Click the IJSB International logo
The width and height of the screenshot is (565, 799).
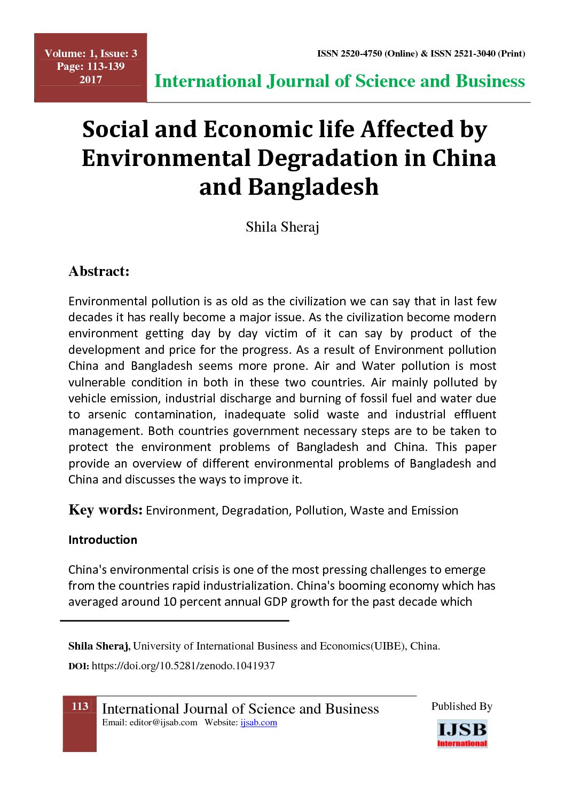(462, 733)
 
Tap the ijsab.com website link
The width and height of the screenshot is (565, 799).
(258, 723)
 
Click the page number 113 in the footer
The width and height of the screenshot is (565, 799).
(80, 706)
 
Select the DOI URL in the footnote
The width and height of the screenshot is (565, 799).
(183, 666)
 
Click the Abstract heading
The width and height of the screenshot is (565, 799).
(99, 271)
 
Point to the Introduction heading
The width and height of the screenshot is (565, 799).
(103, 540)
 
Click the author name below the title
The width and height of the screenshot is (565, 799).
(282, 227)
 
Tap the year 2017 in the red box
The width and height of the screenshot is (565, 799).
(91, 80)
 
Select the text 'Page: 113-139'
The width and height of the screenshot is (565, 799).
(91, 66)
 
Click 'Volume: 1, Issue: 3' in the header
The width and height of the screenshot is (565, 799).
(91, 53)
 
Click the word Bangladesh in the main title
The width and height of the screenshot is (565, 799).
(313, 187)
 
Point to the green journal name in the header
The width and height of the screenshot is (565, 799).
(339, 81)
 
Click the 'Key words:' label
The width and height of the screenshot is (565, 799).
(105, 510)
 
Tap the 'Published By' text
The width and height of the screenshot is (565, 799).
(462, 706)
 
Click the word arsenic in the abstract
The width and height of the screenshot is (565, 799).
(107, 415)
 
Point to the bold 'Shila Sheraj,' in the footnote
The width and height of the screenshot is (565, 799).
(99, 646)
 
